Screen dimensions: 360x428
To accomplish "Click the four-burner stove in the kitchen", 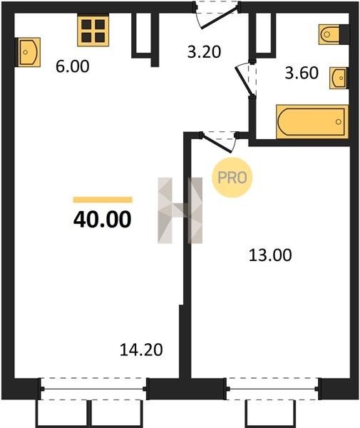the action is (93, 30).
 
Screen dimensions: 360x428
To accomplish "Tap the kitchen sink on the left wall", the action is (29, 52).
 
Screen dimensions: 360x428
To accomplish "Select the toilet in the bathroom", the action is (329, 34).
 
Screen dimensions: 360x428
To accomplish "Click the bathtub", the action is (312, 122).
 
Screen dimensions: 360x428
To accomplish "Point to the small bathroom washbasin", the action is (338, 78).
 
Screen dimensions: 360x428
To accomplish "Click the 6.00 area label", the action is (73, 66).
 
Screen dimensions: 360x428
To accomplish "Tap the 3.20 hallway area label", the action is (204, 52).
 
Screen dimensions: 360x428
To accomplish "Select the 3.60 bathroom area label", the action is (302, 73).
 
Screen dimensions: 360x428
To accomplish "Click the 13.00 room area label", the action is (270, 255).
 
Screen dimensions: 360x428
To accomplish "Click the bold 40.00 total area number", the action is (102, 220).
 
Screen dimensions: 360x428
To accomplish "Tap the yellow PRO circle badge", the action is (232, 178).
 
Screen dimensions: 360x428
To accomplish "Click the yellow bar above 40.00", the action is (103, 200).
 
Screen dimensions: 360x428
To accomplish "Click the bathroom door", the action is (246, 79).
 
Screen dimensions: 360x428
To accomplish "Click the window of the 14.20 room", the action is (93, 389).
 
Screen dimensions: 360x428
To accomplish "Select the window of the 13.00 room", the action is (272, 389).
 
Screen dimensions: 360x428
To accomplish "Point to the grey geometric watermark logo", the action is (180, 210).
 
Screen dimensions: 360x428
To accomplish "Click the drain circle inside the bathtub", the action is (339, 122).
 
